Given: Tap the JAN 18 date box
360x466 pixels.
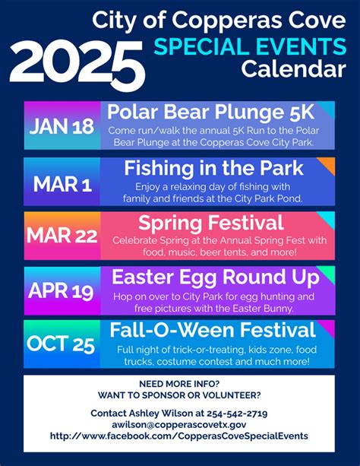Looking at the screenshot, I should pyautogui.click(x=62, y=126).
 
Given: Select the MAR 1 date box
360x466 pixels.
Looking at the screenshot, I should pyautogui.click(x=62, y=183).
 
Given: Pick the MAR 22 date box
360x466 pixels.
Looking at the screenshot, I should pyautogui.click(x=62, y=236).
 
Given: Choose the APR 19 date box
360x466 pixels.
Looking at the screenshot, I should pyautogui.click(x=62, y=290).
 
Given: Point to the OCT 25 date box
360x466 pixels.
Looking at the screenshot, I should pyautogui.click(x=62, y=344).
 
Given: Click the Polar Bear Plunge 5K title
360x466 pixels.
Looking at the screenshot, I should pyautogui.click(x=210, y=113).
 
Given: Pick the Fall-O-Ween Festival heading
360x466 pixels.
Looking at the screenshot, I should pyautogui.click(x=212, y=331).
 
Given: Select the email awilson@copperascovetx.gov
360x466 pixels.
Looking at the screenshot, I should pyautogui.click(x=179, y=424).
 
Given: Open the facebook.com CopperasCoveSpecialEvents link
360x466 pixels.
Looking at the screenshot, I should pyautogui.click(x=179, y=436).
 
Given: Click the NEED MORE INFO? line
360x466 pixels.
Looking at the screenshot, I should pyautogui.click(x=179, y=383).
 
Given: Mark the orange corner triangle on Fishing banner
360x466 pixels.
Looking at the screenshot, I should pyautogui.click(x=328, y=163).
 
